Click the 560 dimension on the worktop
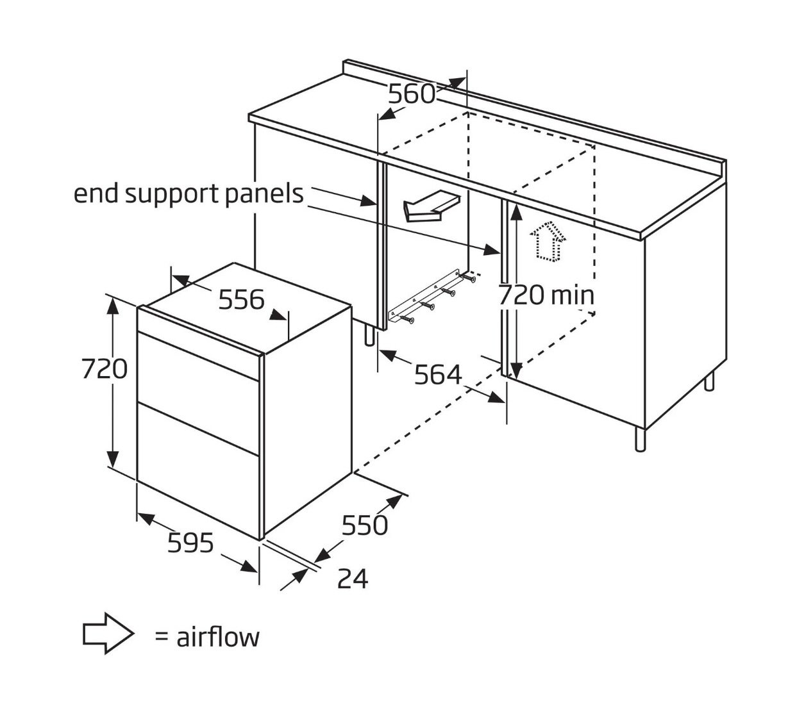412,94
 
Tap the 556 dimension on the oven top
241,300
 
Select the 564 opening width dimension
437,375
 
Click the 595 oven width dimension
190,543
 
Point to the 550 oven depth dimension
364,525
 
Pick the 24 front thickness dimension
353,578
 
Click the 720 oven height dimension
105,368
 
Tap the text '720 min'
546,295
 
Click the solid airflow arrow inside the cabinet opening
431,206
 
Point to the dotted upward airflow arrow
548,241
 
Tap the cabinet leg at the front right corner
641,439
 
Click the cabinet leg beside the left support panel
369,335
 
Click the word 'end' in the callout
96,194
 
